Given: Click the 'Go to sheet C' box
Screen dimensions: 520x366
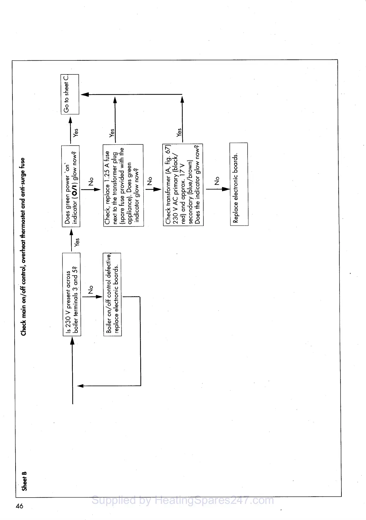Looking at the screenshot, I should click(70, 94).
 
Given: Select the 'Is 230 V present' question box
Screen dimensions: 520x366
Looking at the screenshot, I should click(72, 294).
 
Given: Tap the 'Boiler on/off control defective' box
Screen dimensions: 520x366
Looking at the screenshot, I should click(112, 294).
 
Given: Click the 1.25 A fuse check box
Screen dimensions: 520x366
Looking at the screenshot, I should click(123, 185).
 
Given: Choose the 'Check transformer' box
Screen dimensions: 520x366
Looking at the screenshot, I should click(183, 185).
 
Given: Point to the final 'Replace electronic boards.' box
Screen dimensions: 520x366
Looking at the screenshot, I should click(239, 184).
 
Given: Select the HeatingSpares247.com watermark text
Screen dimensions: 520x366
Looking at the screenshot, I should click(183, 500).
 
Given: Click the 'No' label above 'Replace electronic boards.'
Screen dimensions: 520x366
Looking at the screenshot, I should click(217, 180).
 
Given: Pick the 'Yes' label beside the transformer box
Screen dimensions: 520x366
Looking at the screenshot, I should click(179, 133).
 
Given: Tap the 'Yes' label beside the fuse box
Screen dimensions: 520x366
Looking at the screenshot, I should click(112, 133).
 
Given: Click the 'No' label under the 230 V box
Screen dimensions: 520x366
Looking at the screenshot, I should click(90, 290).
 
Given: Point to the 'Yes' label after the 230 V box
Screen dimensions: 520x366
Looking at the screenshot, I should click(77, 242).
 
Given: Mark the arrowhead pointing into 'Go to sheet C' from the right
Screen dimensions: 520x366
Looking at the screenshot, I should click(85, 94).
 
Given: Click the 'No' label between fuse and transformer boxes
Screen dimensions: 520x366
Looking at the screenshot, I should click(150, 181).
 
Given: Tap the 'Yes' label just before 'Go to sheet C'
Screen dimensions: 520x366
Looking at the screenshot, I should click(76, 133).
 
